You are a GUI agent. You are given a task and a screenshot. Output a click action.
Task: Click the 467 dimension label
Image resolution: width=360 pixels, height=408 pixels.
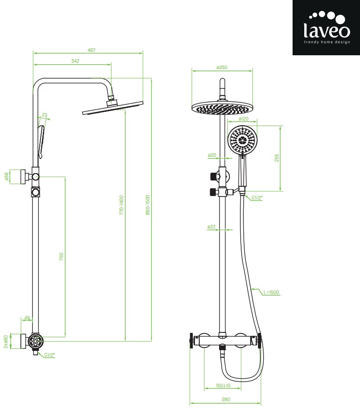(x=91, y=50)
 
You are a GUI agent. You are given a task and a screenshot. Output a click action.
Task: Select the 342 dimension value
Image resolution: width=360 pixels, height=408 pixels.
(x=75, y=61)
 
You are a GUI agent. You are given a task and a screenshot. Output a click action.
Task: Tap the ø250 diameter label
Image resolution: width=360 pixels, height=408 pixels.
(x=222, y=67)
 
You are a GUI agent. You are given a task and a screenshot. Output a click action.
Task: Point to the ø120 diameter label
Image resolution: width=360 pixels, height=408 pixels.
(x=244, y=119)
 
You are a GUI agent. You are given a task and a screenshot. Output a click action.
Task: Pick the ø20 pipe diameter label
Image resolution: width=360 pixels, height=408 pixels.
(x=212, y=155)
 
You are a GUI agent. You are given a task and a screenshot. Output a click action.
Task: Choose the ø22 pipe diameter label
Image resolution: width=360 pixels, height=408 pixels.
(x=211, y=226)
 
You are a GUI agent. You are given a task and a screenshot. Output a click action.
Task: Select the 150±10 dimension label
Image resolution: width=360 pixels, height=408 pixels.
(x=223, y=386)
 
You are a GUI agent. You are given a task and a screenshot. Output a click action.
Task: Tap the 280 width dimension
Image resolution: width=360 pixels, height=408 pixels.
(x=226, y=399)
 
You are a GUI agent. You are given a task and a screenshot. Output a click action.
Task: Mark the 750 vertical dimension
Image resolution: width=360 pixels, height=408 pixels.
(x=61, y=256)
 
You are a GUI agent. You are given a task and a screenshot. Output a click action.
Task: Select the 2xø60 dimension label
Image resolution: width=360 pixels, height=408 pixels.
(x=6, y=341)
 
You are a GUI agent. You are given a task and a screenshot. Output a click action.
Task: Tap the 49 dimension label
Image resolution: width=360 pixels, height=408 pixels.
(x=27, y=318)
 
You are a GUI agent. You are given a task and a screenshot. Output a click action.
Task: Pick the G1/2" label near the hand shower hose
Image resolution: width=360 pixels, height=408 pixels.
(x=257, y=198)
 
